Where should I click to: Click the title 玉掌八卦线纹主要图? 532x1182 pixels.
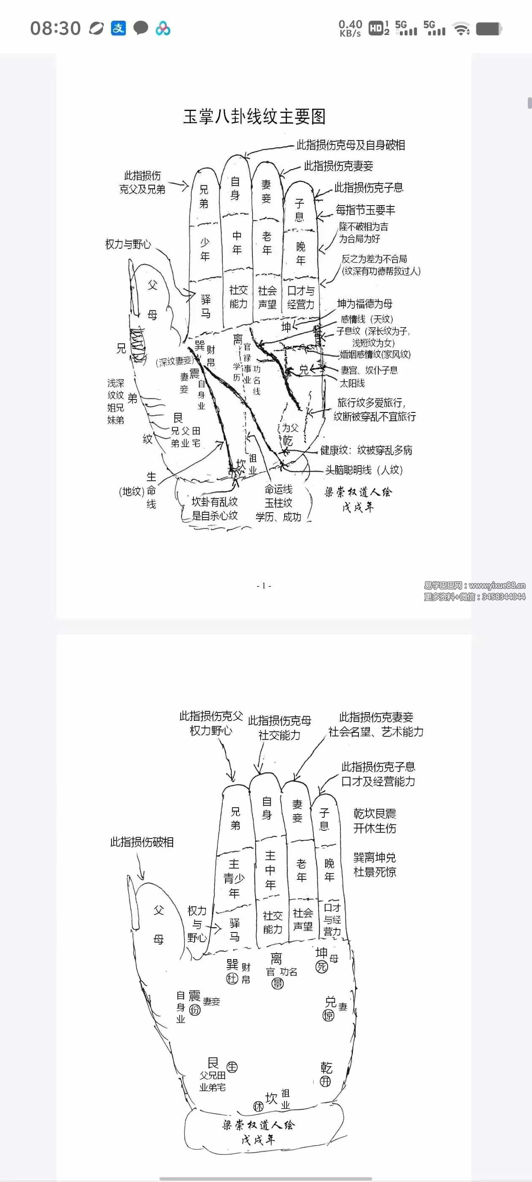[x=254, y=117]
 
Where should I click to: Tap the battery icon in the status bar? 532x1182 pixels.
[x=489, y=29]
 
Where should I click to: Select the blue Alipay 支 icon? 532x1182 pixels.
[x=118, y=28]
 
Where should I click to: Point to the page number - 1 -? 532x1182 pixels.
[x=263, y=586]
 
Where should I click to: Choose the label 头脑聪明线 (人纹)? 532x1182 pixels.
[x=364, y=470]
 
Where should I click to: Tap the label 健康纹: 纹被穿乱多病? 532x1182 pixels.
[x=366, y=450]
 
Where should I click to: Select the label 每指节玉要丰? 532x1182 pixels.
[x=365, y=210]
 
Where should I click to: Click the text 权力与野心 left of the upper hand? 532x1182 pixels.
[x=128, y=244]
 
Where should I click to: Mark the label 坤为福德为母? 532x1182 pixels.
[x=364, y=304]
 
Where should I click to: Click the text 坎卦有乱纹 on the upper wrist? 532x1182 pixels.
[x=214, y=502]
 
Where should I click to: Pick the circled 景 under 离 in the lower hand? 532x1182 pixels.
[x=277, y=983]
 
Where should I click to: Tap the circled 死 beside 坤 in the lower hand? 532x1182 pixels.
[x=321, y=967]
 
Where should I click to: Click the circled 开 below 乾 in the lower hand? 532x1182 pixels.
[x=325, y=1082]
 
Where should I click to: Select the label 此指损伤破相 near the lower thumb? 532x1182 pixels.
[x=141, y=843]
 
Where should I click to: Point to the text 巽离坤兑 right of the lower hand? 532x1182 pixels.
[x=375, y=858]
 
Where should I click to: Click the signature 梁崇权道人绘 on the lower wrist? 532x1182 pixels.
[x=258, y=1125]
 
